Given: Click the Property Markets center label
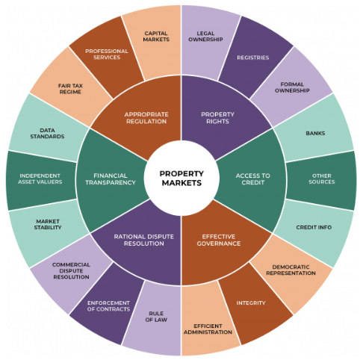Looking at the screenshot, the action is click(181, 179).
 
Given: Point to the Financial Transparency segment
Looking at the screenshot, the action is click(111, 180).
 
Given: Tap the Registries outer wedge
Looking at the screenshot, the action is click(254, 58).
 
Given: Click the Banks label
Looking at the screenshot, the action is click(315, 133).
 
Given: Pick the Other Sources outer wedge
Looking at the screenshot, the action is click(322, 180).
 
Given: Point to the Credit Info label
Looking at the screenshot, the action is click(314, 227).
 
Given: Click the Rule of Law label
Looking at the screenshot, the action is click(156, 317).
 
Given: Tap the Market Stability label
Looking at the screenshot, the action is click(48, 224).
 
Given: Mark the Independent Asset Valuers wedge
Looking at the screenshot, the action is click(40, 180).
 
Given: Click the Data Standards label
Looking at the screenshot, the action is click(47, 133).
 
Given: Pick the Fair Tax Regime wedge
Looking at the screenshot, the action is click(71, 87).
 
